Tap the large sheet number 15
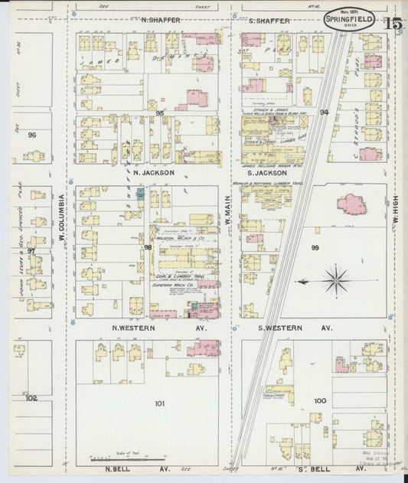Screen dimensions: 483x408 [393, 24]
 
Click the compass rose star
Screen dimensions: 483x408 [335, 280]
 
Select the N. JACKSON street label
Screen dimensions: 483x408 [154, 173]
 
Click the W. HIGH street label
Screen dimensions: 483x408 [397, 207]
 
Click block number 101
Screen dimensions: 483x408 [159, 403]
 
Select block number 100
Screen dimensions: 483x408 [319, 401]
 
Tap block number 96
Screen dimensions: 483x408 [31, 135]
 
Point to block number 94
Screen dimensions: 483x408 [324, 113]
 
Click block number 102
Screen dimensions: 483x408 [31, 398]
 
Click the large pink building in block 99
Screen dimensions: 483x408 [351, 204]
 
